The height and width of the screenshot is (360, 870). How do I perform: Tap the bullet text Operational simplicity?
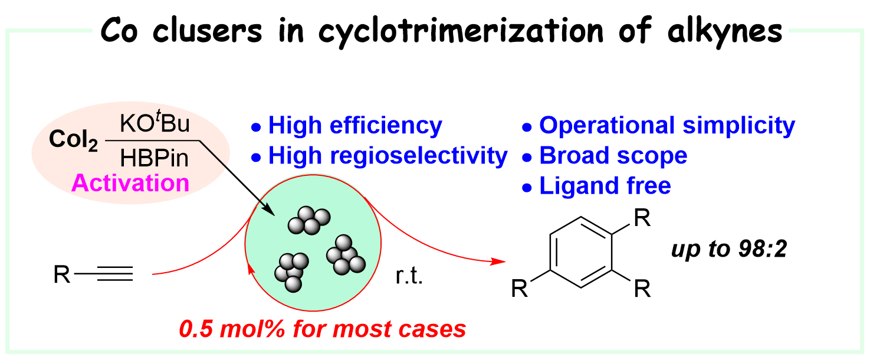click(667, 125)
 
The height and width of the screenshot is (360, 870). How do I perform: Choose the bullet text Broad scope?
click(613, 156)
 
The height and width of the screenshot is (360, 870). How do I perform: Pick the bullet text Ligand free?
click(605, 186)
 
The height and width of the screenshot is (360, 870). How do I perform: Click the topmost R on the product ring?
click(642, 220)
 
